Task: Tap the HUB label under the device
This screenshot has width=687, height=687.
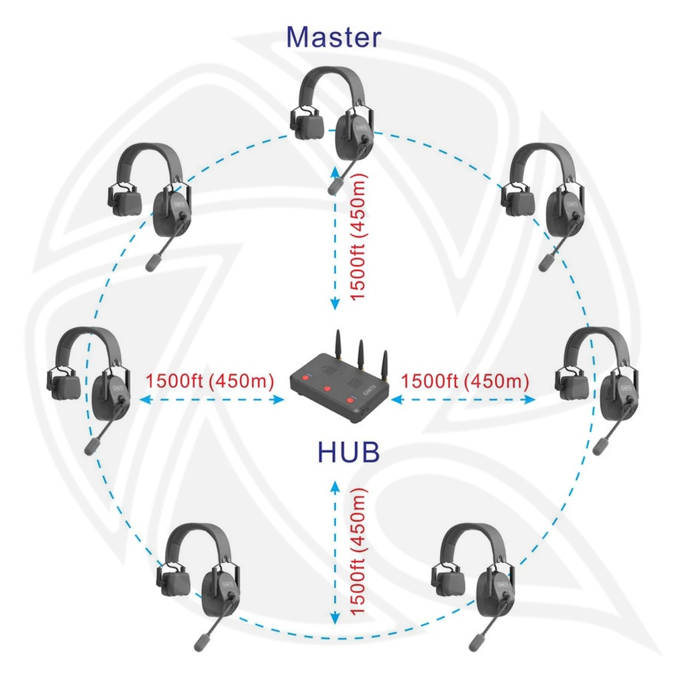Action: pos(348,453)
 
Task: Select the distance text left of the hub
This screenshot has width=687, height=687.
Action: pos(210,380)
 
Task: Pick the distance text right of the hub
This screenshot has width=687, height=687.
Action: pos(465,380)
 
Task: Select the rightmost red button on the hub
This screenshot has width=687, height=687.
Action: pos(350,403)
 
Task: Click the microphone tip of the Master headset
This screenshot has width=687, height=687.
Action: pos(333,185)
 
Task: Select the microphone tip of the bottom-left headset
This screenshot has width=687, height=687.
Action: pos(201,642)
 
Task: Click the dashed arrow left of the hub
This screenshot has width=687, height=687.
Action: pos(211,400)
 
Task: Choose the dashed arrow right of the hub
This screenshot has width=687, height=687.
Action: pos(463,400)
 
